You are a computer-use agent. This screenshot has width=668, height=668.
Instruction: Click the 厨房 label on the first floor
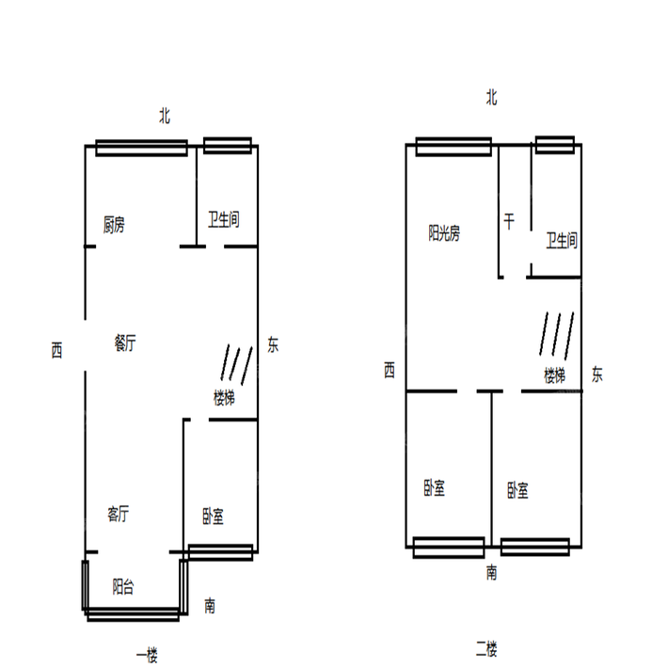pyautogui.click(x=114, y=225)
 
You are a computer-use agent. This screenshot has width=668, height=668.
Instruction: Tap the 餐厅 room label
pyautogui.click(x=125, y=342)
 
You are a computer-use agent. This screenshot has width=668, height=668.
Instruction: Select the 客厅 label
pyautogui.click(x=118, y=514)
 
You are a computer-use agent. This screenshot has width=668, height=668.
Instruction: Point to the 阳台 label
pyautogui.click(x=123, y=587)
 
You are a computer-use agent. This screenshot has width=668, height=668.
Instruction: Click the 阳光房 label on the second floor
pyautogui.click(x=444, y=233)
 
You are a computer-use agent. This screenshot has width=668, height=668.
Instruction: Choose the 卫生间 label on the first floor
pyautogui.click(x=224, y=219)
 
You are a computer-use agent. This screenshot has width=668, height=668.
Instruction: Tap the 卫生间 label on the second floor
pyautogui.click(x=562, y=240)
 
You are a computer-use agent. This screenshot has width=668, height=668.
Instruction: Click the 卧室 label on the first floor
pyautogui.click(x=213, y=516)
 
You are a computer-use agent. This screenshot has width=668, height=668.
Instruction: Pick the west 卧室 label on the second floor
pyautogui.click(x=434, y=487)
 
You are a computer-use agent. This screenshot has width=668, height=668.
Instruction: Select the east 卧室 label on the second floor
pyautogui.click(x=517, y=490)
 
